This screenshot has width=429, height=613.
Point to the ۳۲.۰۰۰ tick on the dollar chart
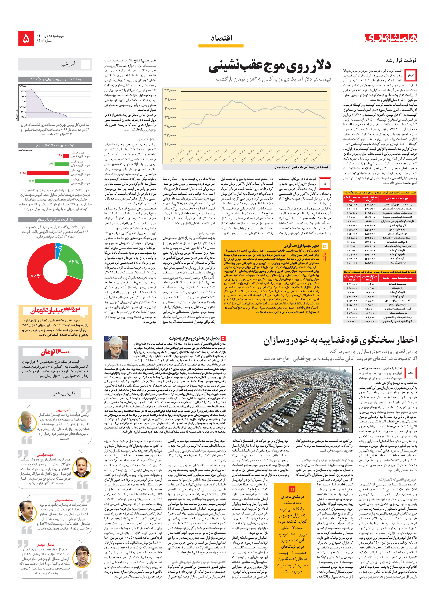click(x=170, y=90)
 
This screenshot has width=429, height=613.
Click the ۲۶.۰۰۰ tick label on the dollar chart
click(x=170, y=144)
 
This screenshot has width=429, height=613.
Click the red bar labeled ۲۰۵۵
click(x=48, y=173)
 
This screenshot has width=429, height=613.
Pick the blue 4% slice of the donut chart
click(x=58, y=247)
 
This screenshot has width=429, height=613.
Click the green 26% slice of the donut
click(x=74, y=262)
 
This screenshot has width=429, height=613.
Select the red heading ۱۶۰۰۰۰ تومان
click(x=55, y=352)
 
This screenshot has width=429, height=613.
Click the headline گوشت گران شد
click(x=401, y=60)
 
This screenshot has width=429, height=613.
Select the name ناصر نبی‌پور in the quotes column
click(x=64, y=410)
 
